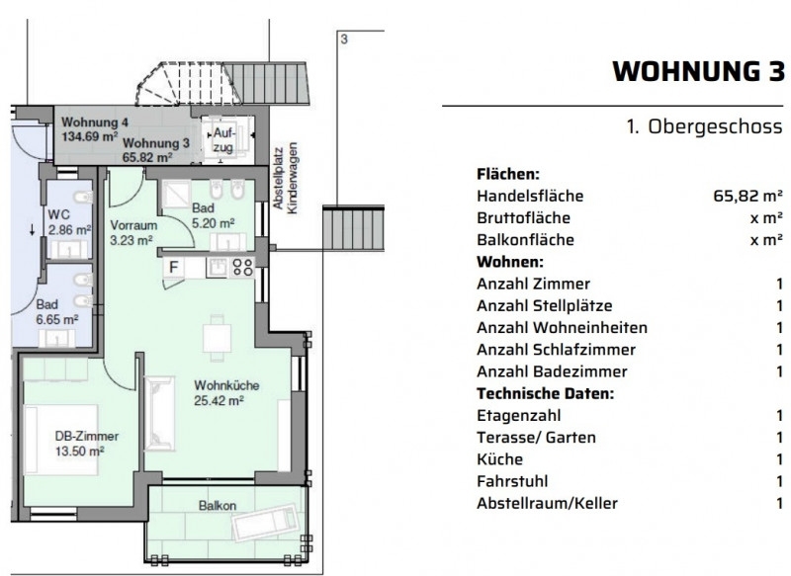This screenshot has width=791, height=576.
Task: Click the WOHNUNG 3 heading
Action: [698, 71]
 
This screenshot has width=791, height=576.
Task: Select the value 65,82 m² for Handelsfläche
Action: [747, 196]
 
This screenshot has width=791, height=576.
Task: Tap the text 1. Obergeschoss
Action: [704, 126]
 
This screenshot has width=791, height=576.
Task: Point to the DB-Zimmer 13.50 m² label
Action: [86, 444]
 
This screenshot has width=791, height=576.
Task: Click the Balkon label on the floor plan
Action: [218, 506]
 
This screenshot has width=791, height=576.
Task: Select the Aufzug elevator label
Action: [222, 140]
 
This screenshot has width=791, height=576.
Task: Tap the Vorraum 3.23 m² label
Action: [133, 232]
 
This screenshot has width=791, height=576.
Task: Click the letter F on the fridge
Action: [174, 267]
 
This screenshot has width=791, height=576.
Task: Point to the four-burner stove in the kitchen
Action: [242, 267]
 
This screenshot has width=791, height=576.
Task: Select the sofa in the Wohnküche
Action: [160, 413]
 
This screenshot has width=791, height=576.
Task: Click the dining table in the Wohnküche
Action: [217, 338]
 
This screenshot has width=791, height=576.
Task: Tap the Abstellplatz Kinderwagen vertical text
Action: [285, 178]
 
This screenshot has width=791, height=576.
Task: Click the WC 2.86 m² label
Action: [69, 222]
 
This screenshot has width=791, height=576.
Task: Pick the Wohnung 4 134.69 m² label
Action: [94, 129]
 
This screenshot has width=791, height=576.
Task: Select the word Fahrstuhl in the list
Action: [512, 481]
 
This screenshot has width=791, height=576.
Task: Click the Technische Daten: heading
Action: [546, 393]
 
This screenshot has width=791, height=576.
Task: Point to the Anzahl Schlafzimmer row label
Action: [556, 349]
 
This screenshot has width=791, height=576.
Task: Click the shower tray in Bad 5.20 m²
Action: [176, 194]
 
